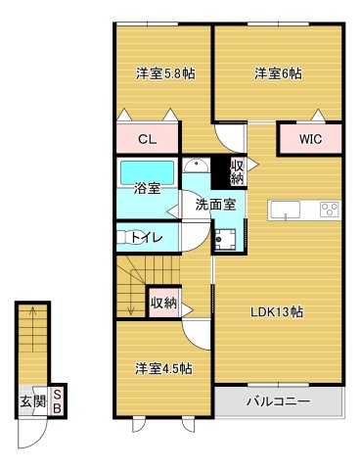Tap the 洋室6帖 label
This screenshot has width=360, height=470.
click(278, 72)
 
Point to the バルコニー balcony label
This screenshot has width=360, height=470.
click(278, 401)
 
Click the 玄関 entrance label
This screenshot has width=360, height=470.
click(31, 400)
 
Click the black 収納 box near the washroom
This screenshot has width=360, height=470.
click(236, 172)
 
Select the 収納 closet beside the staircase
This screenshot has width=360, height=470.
click(163, 303)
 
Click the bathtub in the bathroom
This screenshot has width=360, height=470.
click(147, 171)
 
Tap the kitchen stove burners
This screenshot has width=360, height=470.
click(328, 209)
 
